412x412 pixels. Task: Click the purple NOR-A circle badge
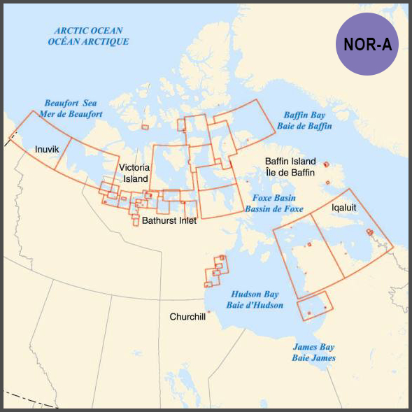coord(367,43)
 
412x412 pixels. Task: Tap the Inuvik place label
coord(48,150)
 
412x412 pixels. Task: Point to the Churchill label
coord(187,317)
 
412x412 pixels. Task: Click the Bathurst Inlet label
coord(169,220)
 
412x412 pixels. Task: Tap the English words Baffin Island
coord(290,161)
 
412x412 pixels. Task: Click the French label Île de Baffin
coord(290,171)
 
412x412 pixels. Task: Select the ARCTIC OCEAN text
coord(88,31)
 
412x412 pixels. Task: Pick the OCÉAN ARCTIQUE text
coord(88,42)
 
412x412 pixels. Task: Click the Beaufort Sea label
coord(73,103)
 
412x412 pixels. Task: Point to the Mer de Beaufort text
coord(73,114)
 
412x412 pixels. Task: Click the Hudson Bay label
coord(255,294)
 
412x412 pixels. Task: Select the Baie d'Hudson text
coord(255,306)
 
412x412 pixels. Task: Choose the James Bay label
coord(313,347)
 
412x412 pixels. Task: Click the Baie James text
coord(313,358)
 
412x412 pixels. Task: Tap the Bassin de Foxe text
coord(274,208)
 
